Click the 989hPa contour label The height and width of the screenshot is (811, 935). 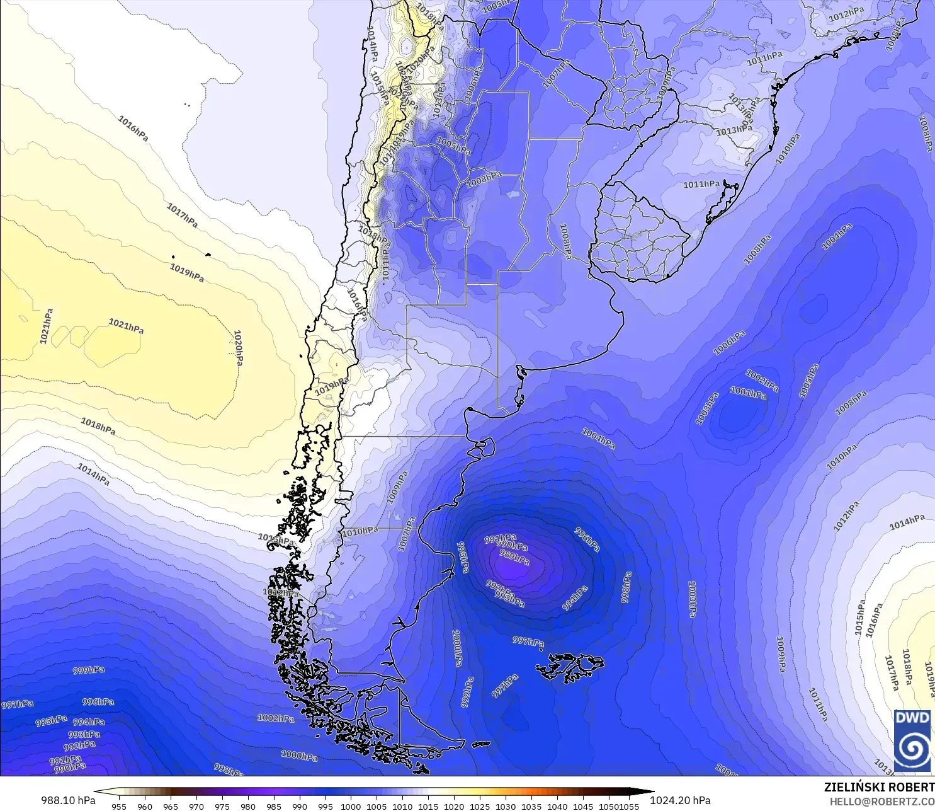coord(514,557)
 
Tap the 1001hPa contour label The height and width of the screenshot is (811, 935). coord(748,393)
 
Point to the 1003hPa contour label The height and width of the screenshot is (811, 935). coord(707,408)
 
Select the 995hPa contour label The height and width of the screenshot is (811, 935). coord(51,720)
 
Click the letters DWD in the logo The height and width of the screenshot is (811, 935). coord(912,718)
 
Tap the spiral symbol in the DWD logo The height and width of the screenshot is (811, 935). coord(912,748)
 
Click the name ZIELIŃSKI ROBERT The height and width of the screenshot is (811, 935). coord(879,787)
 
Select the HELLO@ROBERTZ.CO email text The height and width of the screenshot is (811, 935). coord(881,802)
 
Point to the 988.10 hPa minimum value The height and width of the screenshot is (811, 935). coord(68,800)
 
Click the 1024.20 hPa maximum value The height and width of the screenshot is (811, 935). coord(680,800)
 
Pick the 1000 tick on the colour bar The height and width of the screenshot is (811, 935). coord(351,806)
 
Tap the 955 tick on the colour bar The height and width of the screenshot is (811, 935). coord(119,806)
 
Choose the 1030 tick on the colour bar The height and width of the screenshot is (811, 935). coord(506,806)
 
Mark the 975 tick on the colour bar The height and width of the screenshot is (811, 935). coord(222,806)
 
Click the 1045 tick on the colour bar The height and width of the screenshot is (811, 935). coord(583,806)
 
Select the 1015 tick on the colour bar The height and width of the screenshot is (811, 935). coord(428,806)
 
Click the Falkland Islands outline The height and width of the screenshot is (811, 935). coord(570,667)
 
